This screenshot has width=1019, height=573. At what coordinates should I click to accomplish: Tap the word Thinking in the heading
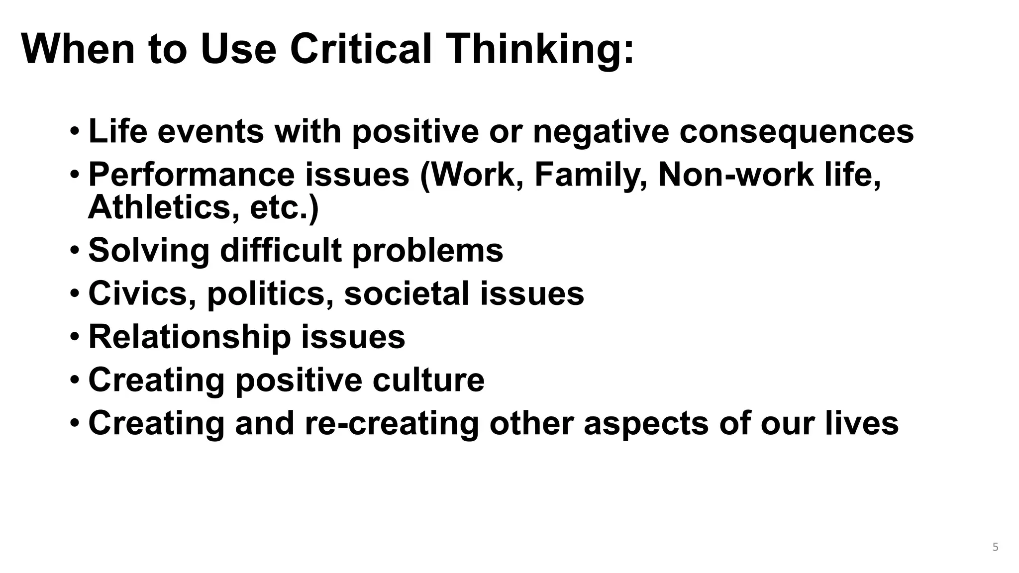tap(540, 50)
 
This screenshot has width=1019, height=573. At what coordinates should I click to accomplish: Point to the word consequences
tap(797, 131)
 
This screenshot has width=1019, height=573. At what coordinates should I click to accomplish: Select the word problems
tap(428, 251)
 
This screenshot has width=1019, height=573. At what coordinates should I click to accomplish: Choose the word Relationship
tap(190, 337)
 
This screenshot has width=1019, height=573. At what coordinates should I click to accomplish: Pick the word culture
tap(428, 380)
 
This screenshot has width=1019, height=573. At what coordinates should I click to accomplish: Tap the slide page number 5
tap(995, 547)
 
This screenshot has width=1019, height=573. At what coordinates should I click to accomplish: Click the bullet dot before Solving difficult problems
tap(74, 250)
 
